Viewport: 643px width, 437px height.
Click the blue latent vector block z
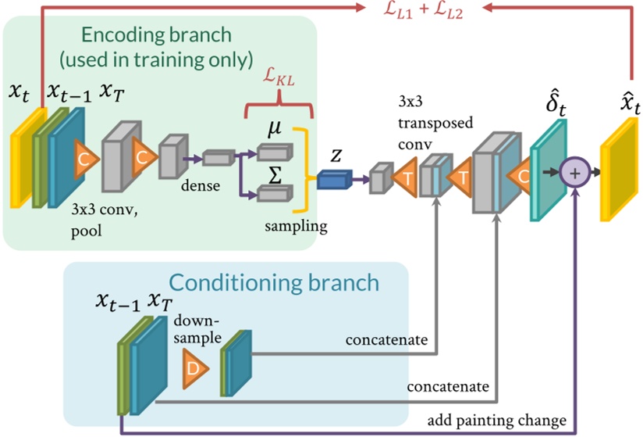[335, 180]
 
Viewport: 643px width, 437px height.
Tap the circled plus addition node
[574, 174]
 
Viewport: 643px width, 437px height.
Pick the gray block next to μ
[275, 151]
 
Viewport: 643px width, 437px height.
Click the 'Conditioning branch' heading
[274, 281]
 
